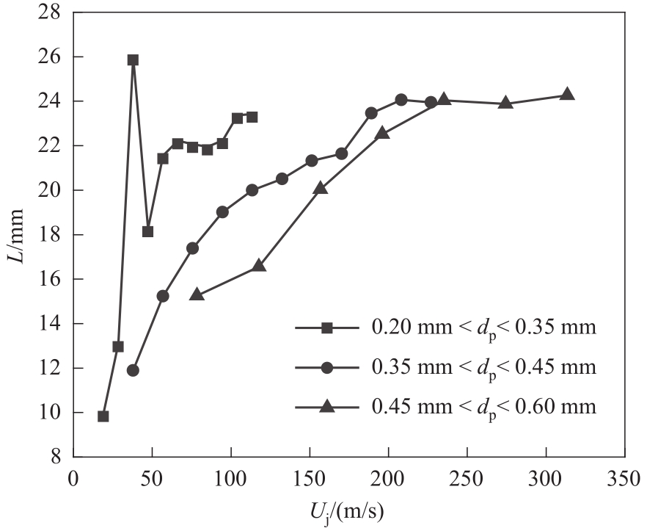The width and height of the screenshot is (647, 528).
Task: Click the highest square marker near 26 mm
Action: (x=133, y=60)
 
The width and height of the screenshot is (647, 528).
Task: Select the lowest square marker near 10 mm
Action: (x=103, y=416)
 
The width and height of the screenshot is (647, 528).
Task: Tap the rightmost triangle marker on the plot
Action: (x=567, y=94)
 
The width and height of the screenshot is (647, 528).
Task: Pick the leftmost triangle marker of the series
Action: (x=197, y=294)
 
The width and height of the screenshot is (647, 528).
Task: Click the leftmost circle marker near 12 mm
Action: (x=133, y=370)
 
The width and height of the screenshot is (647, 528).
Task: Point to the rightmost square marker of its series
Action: (x=252, y=117)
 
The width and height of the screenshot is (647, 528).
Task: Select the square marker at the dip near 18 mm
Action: (x=147, y=231)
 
